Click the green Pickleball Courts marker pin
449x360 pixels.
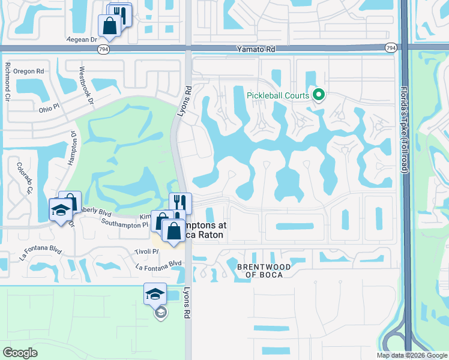coord(319,95)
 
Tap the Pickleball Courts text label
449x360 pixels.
coord(278,95)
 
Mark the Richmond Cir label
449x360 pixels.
coord(8,80)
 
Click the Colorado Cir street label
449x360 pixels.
coord(24,178)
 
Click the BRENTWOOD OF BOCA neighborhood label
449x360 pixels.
coord(264,271)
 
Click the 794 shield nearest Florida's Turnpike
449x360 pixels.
coord(391,47)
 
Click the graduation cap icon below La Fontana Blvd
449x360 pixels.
coord(155,293)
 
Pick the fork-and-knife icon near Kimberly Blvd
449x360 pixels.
coord(180,203)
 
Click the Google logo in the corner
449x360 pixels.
coord(20,352)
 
